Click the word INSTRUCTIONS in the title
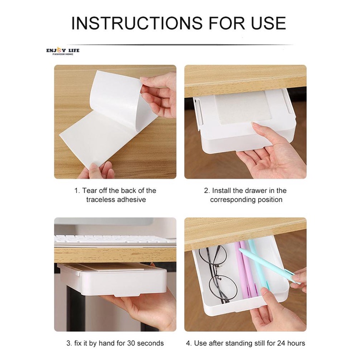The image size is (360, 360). click(x=137, y=23)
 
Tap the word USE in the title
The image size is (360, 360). click(x=268, y=23)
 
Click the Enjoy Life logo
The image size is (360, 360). click(x=63, y=51)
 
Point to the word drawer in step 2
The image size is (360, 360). click(x=253, y=191)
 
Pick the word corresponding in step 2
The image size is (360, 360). click(x=233, y=200)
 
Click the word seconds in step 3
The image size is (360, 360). click(x=150, y=343)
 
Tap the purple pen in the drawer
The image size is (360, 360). click(x=245, y=269)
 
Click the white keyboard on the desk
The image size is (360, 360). click(x=115, y=240)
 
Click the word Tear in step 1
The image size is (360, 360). click(x=90, y=191)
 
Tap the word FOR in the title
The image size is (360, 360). click(x=227, y=23)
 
